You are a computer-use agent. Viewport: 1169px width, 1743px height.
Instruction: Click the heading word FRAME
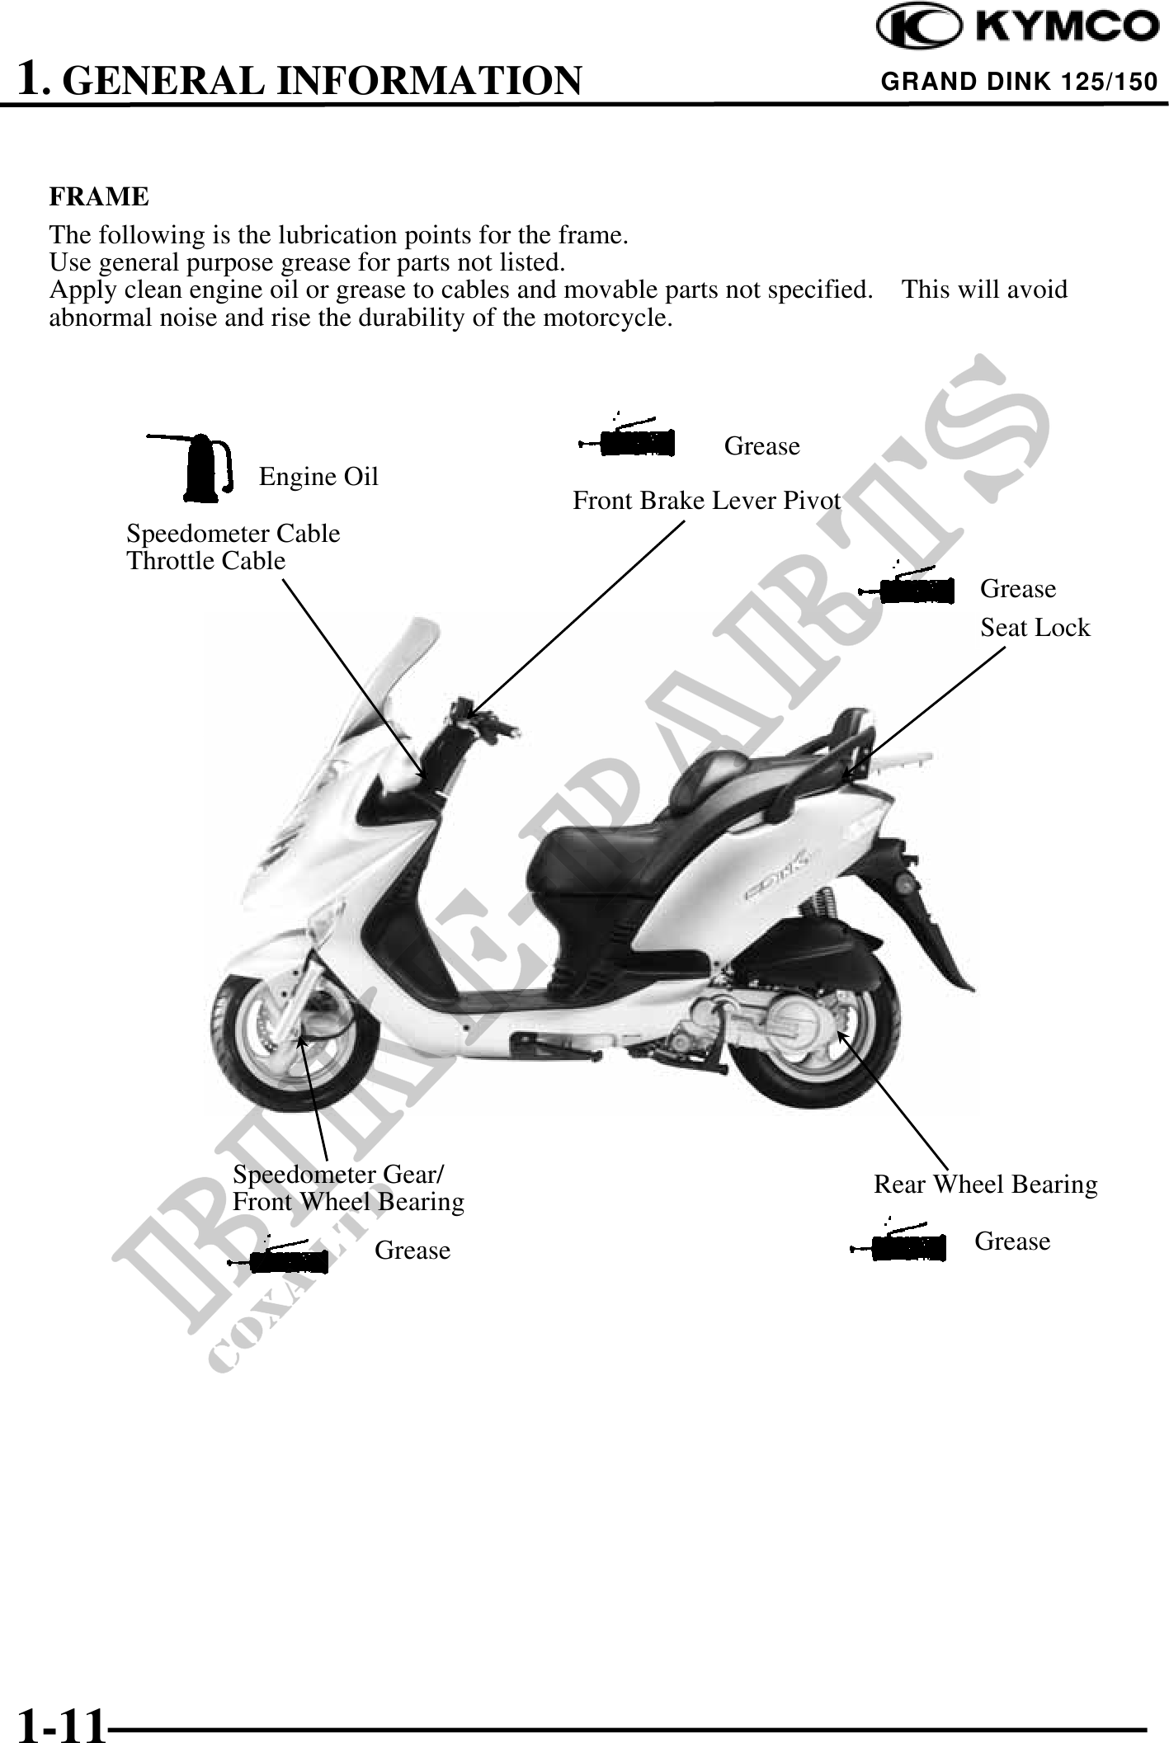coord(99,197)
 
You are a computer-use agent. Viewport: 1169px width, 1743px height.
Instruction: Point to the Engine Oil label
coord(318,477)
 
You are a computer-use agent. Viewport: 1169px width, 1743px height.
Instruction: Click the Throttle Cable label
coord(205,561)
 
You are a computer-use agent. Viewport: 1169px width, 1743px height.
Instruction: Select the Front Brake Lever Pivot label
coord(706,501)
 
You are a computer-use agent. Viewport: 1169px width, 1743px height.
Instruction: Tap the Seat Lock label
coord(1035,628)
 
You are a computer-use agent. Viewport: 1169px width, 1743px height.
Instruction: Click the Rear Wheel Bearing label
coord(985,1185)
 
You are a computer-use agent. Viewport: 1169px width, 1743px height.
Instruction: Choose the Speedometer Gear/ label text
coord(338,1173)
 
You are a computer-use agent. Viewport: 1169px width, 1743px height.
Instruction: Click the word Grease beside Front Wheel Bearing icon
coord(412,1251)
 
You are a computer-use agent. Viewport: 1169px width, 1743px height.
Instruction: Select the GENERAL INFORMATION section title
coord(322,81)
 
